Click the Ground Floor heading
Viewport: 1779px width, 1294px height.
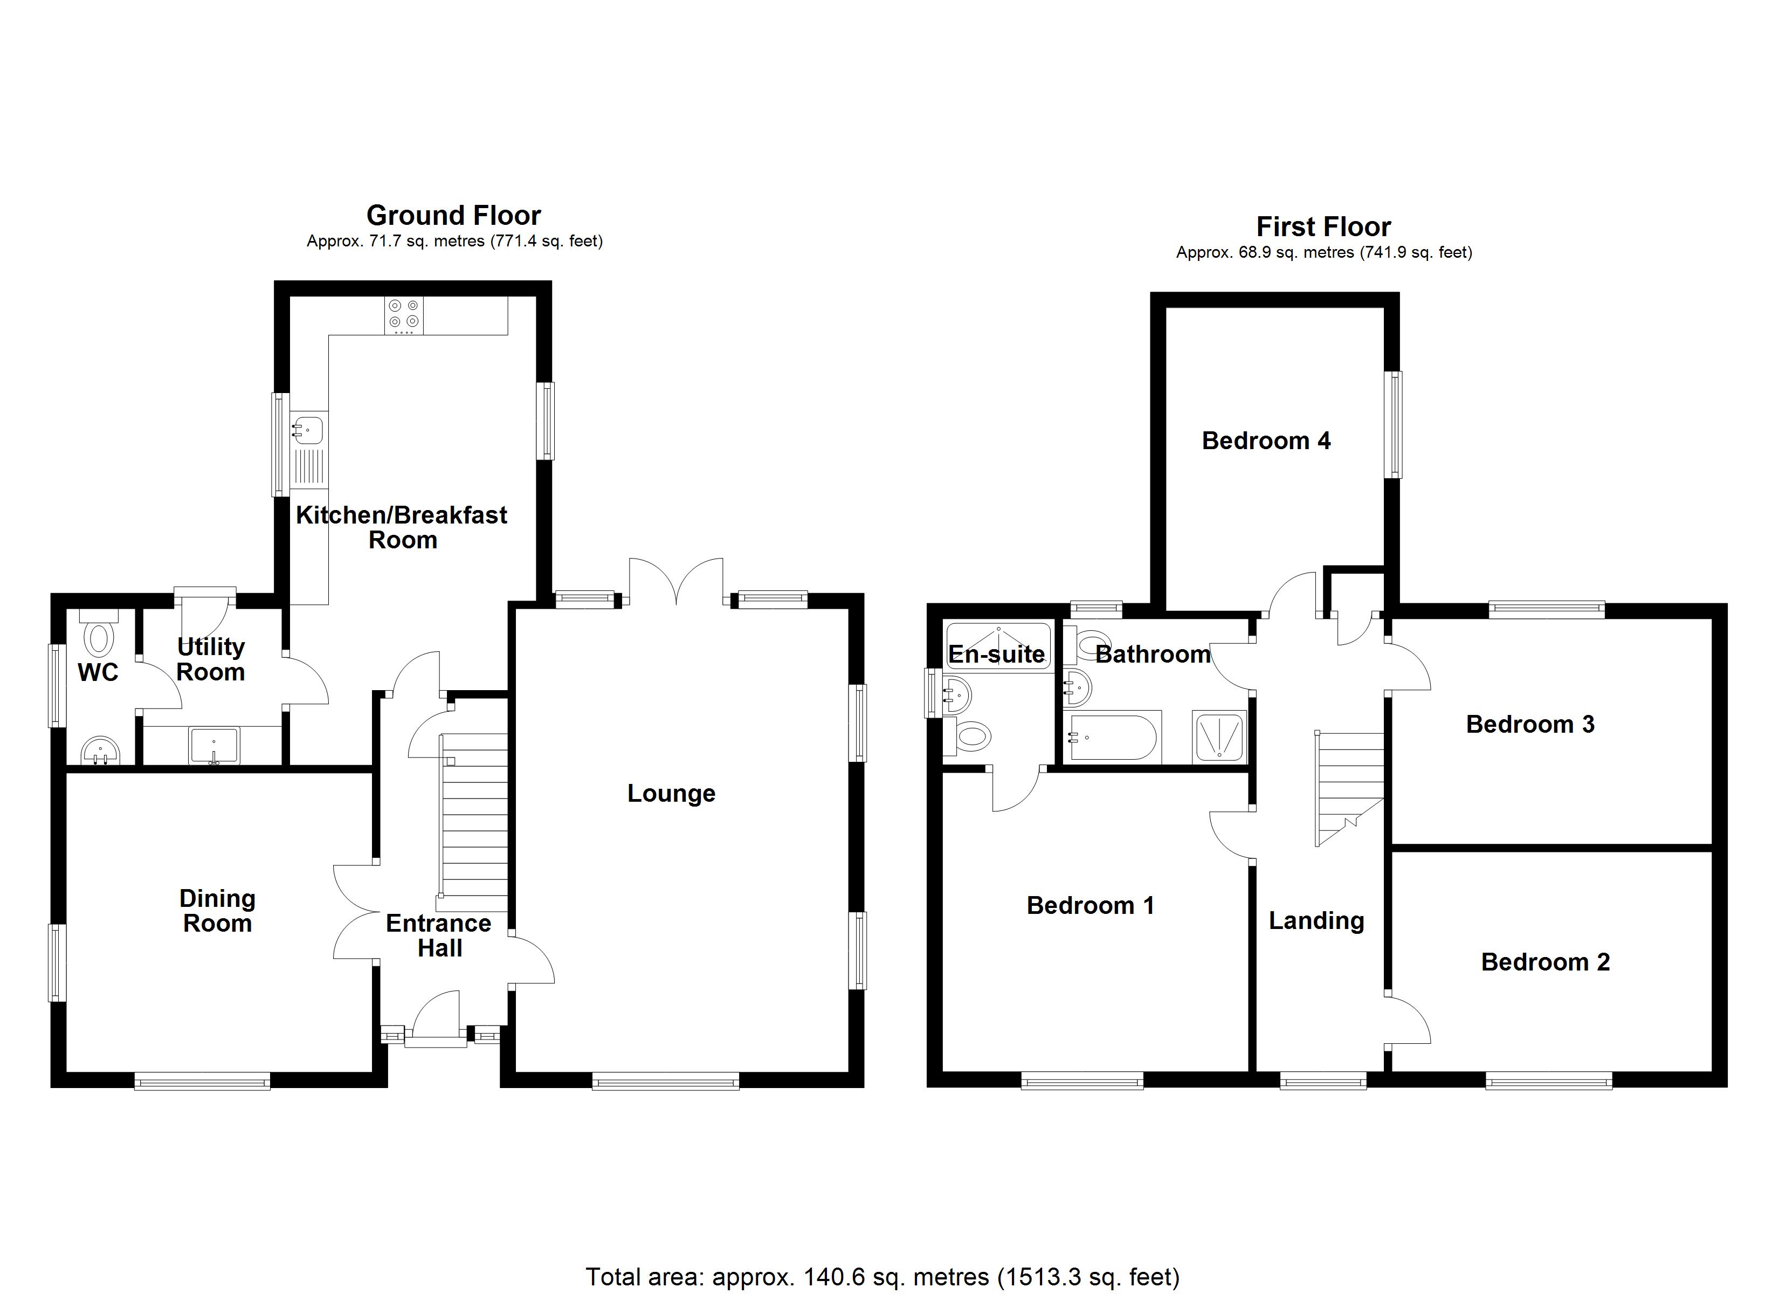[x=453, y=215]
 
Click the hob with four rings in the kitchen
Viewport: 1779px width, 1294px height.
[x=403, y=315]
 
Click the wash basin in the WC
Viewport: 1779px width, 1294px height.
[x=100, y=750]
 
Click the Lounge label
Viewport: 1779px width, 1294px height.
[x=671, y=793]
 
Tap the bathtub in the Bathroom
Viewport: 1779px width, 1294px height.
[x=1112, y=738]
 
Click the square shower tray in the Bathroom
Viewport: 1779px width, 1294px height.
[x=1218, y=738]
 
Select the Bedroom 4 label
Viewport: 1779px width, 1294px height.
[x=1265, y=441]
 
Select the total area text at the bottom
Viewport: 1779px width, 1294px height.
[x=882, y=1277]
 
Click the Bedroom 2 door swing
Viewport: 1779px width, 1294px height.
[x=1408, y=1020]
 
